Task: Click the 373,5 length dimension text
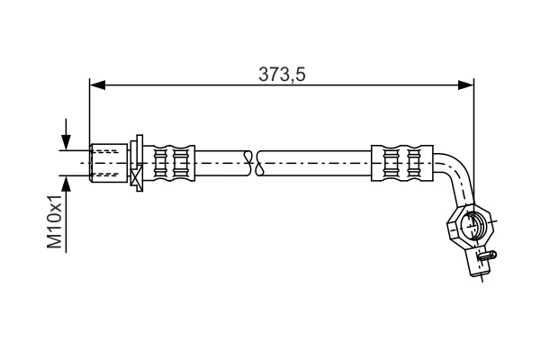(x=283, y=75)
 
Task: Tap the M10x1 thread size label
(x=56, y=221)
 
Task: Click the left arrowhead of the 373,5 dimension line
(x=97, y=85)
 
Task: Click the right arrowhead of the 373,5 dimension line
(x=465, y=85)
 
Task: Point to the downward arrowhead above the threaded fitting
(x=66, y=142)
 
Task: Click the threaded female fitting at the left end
(x=107, y=162)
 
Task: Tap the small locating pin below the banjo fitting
(x=487, y=254)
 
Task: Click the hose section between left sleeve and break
(x=220, y=163)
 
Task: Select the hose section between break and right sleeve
(x=315, y=163)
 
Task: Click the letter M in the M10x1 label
(x=56, y=242)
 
